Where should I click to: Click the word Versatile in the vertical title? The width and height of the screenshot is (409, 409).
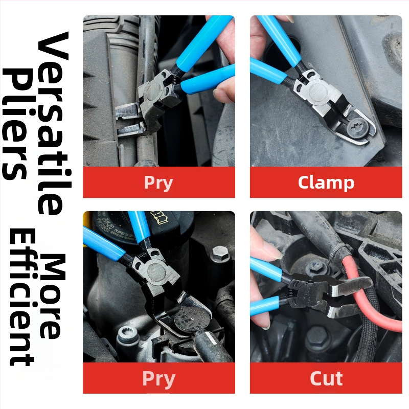tap(54, 124)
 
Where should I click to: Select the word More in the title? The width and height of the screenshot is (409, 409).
tap(52, 296)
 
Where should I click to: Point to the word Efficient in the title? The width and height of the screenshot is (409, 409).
tap(22, 298)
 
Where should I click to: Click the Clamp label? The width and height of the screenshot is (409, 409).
tap(326, 183)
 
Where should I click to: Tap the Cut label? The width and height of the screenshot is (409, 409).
tap(326, 378)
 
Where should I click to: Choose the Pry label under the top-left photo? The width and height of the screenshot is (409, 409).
tap(158, 183)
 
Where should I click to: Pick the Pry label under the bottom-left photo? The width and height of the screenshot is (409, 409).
tap(158, 379)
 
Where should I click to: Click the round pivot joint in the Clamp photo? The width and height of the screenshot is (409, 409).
tap(319, 93)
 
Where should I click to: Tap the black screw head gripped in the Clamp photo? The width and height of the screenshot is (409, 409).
tap(357, 127)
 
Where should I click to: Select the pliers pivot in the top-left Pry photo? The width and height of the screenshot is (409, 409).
tap(154, 92)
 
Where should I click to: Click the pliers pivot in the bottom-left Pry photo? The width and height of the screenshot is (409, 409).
tap(157, 272)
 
